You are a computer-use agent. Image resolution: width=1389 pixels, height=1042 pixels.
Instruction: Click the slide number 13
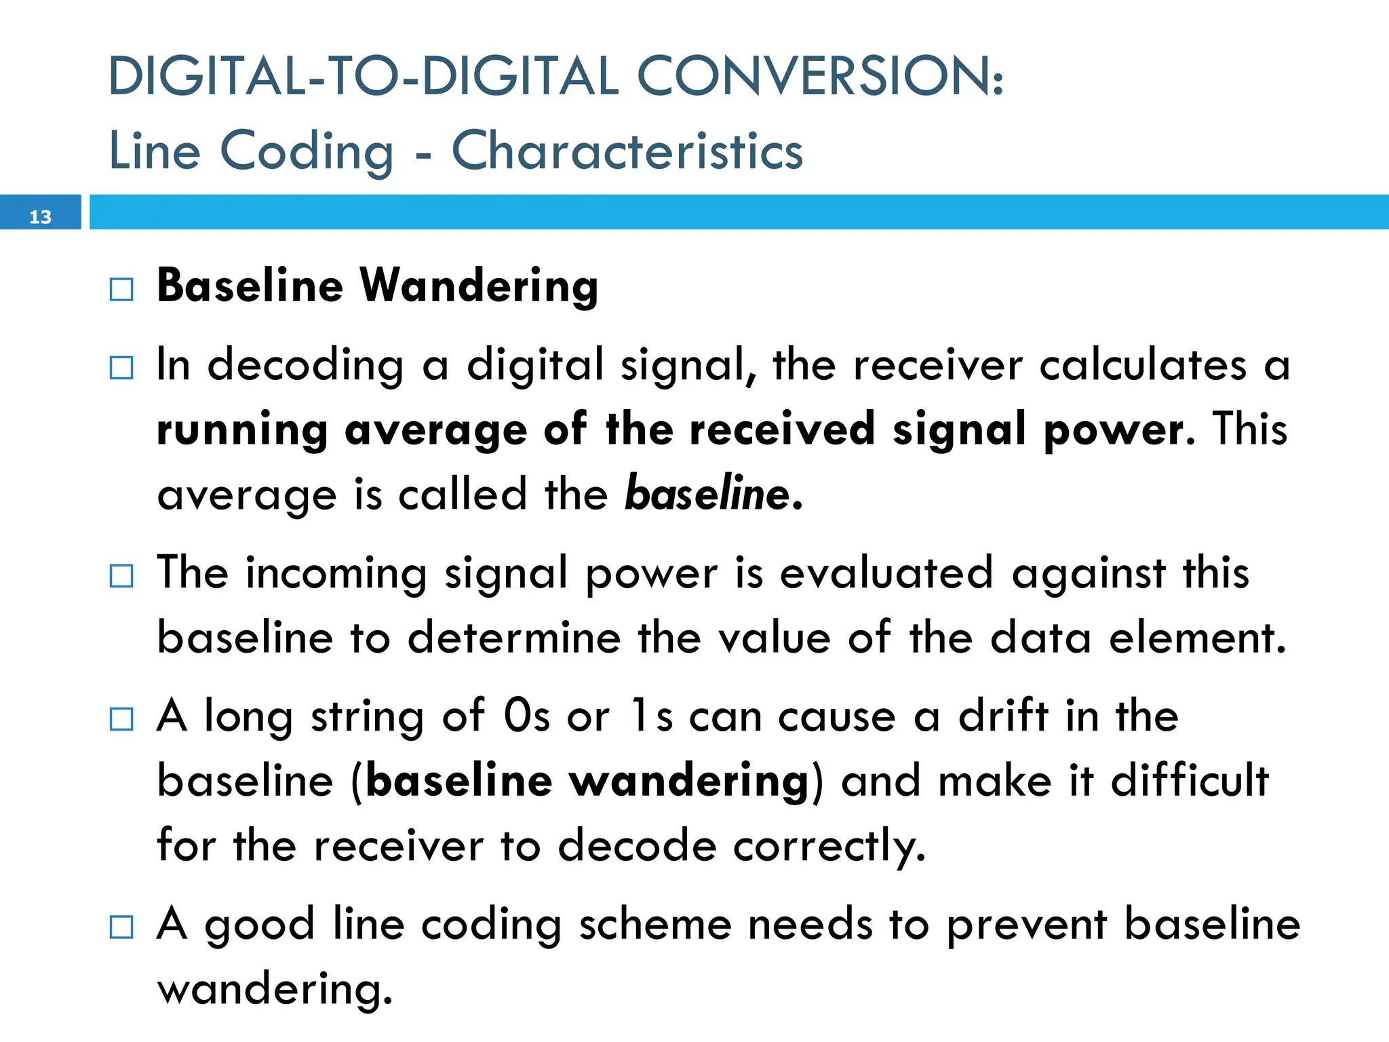(x=40, y=217)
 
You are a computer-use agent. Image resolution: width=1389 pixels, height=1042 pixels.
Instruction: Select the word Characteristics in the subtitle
(x=627, y=151)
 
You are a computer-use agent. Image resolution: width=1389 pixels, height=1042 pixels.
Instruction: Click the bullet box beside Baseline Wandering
(x=121, y=290)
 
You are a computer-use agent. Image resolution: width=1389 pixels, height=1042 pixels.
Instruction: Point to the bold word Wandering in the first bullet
(x=479, y=286)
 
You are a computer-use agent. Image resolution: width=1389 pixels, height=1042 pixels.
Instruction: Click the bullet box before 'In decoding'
(x=121, y=368)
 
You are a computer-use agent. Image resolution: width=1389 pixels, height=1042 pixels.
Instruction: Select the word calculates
(x=1143, y=365)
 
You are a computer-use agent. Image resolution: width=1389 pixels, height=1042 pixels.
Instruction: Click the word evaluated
(x=886, y=573)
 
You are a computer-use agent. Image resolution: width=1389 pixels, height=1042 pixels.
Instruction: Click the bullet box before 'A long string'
(x=121, y=719)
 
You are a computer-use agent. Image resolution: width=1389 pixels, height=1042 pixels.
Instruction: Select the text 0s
(x=526, y=716)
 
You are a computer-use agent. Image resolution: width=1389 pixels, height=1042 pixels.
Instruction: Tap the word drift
(x=1003, y=716)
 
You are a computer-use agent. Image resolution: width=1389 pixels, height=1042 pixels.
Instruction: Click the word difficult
(x=1190, y=781)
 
